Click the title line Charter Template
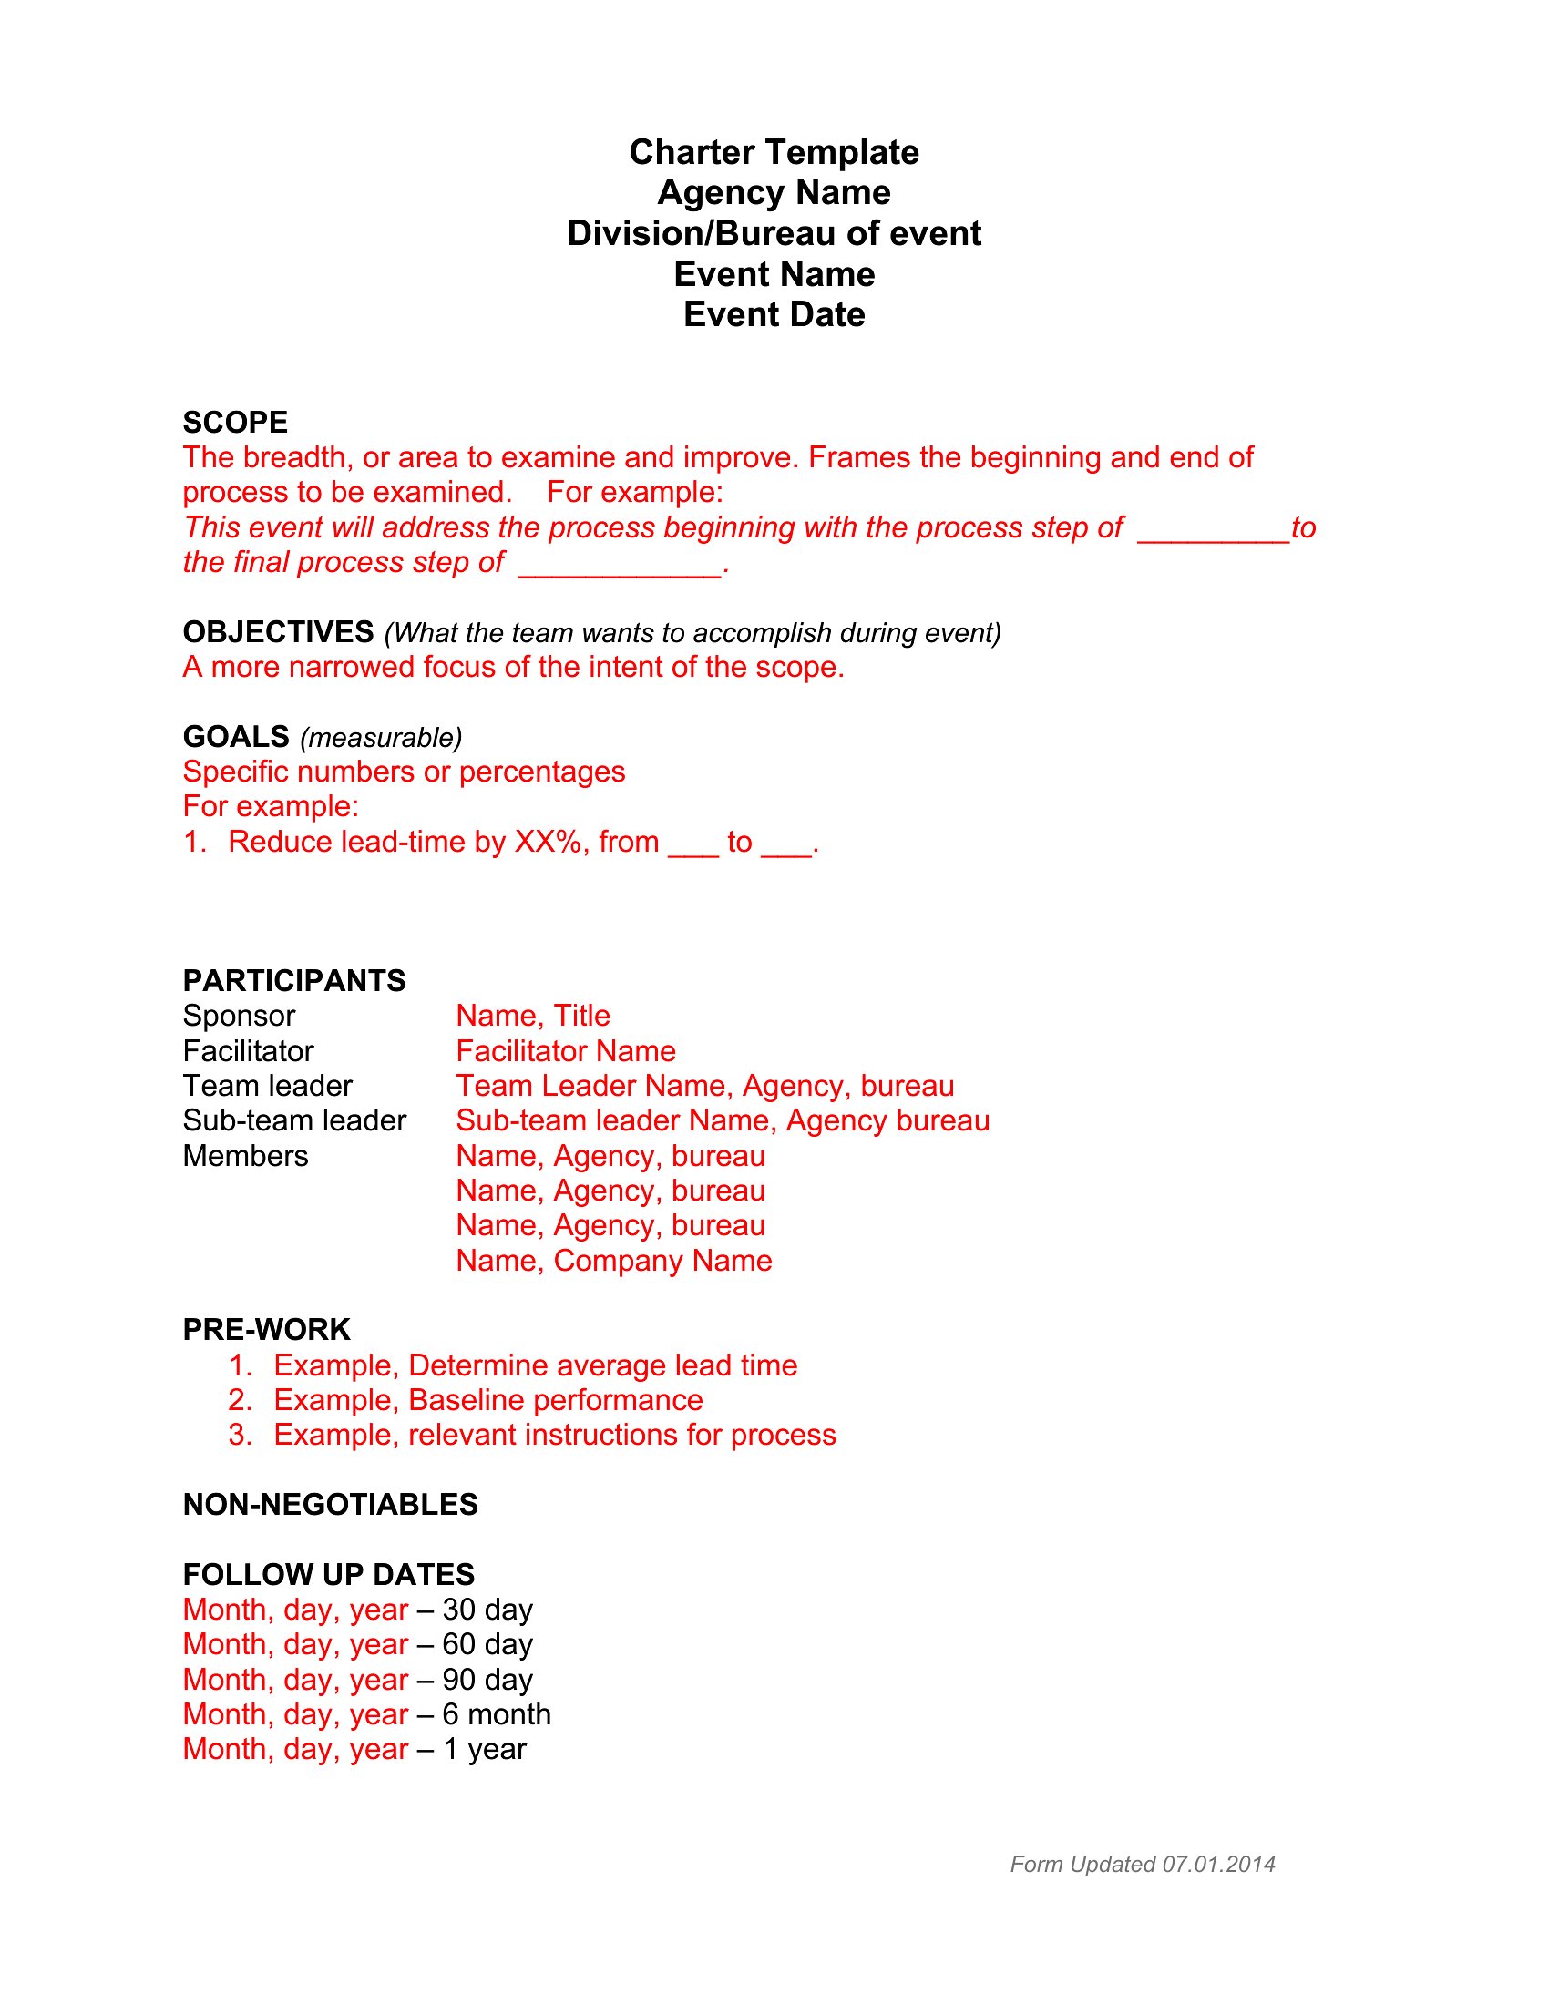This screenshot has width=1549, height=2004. [x=774, y=152]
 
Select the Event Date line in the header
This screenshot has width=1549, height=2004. [x=774, y=315]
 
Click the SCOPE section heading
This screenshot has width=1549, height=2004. [x=235, y=422]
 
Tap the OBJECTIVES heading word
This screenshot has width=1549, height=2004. [x=278, y=632]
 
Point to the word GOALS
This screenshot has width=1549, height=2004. [x=236, y=737]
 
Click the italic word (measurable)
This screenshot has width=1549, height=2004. [x=381, y=738]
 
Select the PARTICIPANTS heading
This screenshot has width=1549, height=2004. [x=293, y=981]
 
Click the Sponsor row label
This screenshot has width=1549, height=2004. [x=239, y=1016]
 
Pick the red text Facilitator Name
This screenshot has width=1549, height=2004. [x=565, y=1050]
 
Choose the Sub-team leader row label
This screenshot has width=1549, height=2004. [x=293, y=1120]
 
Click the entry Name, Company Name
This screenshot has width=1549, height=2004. [x=614, y=1261]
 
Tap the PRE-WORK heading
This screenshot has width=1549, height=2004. [x=266, y=1330]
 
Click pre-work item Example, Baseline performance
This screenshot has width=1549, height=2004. [x=488, y=1400]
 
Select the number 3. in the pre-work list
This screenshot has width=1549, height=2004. [x=240, y=1435]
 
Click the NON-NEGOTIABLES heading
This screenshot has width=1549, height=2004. [x=331, y=1505]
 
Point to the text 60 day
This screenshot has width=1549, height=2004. [x=487, y=1644]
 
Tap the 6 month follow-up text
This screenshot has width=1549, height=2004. [x=497, y=1714]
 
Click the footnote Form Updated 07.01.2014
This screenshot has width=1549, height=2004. [x=1143, y=1865]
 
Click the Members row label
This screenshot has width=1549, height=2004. [x=245, y=1156]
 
